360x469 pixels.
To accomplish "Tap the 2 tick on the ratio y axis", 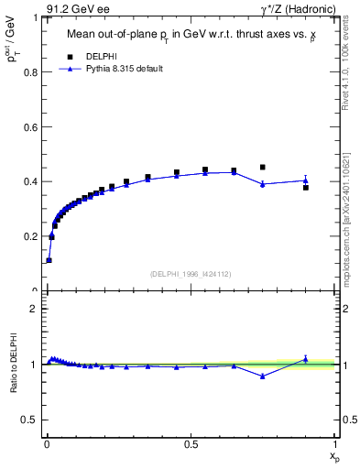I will click(x=36, y=309).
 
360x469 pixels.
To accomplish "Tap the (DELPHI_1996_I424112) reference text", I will click(x=191, y=273).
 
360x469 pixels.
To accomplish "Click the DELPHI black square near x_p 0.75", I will click(x=263, y=167).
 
